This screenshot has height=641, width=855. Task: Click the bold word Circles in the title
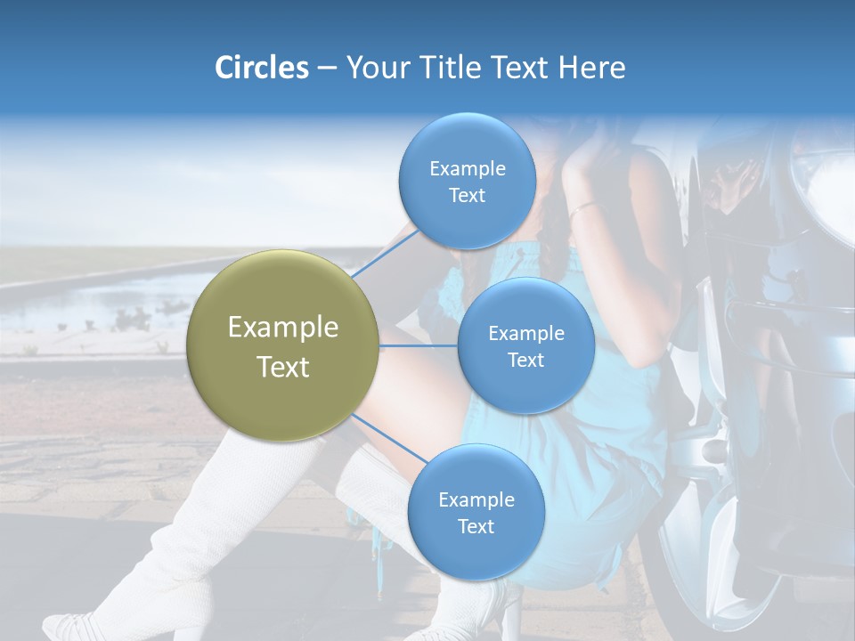[x=261, y=68]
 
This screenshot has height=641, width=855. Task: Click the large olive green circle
[x=283, y=345]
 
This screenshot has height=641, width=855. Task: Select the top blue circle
[x=467, y=182]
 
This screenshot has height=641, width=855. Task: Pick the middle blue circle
[x=525, y=345]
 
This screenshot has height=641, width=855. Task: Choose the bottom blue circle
[x=476, y=512]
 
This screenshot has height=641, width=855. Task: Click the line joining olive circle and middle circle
[x=419, y=345]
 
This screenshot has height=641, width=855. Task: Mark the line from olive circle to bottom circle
[x=387, y=439]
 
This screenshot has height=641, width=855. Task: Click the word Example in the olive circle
[x=283, y=328]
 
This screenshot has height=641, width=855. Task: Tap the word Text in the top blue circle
[x=467, y=196]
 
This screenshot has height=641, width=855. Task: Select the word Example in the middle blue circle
[x=525, y=333]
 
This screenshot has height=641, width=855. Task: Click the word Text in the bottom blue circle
[x=476, y=526]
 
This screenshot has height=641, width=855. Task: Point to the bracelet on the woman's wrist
[x=583, y=209]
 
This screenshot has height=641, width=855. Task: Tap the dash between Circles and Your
[x=326, y=68]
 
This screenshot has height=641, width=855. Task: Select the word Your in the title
[x=374, y=68]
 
